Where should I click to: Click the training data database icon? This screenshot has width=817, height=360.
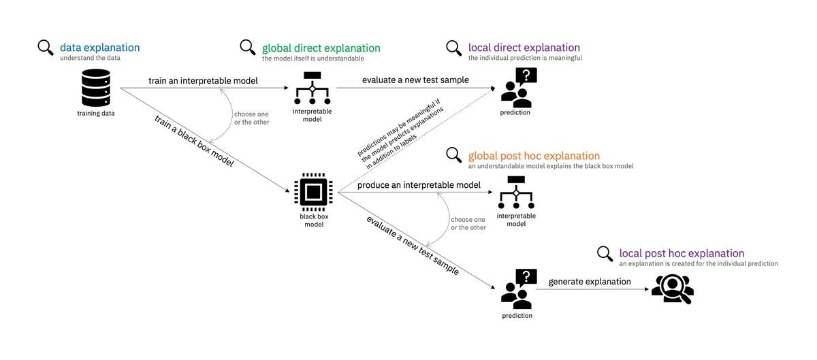95,87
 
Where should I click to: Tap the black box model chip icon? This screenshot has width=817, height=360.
313,191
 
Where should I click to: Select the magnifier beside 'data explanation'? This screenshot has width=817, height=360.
46,48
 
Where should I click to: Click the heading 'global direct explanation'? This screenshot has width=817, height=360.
321,48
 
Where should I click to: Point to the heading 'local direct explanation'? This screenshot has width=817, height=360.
524,48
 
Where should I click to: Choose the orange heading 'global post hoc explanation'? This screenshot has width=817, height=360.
534,156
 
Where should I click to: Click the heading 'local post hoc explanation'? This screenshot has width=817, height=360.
682,253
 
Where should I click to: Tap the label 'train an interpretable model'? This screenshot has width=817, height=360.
203,81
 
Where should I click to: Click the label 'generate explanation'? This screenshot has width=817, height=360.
590,281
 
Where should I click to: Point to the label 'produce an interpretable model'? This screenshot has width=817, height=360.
419,185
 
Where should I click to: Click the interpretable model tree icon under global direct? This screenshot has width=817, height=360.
312,88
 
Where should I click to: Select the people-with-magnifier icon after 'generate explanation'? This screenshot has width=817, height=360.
672,289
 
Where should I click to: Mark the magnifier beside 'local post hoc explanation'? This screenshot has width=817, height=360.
605,254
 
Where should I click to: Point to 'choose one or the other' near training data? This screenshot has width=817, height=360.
251,118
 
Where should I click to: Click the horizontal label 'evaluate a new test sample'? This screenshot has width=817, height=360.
415,80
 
